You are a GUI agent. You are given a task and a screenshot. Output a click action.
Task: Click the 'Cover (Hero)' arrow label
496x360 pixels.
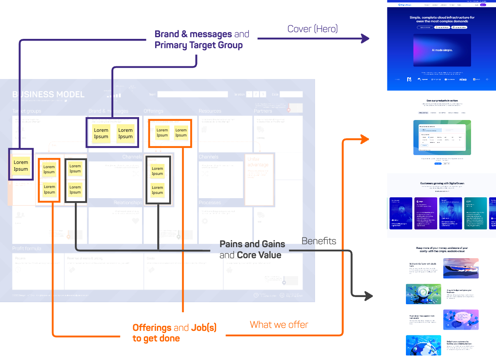tap(312, 29)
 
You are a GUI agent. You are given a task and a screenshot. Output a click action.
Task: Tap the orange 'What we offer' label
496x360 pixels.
tap(279, 325)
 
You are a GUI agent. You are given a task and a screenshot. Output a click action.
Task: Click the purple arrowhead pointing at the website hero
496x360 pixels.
tap(365, 39)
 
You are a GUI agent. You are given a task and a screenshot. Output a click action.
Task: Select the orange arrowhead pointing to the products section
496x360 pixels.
tap(365, 139)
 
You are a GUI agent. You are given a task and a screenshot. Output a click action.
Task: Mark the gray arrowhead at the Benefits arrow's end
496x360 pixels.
tap(368, 297)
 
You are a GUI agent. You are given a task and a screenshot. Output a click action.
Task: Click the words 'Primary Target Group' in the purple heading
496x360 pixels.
tap(198, 45)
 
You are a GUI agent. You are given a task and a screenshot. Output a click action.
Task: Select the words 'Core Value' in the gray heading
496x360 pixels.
tap(259, 255)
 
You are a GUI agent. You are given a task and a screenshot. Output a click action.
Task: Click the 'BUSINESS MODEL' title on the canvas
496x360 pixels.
tap(48, 95)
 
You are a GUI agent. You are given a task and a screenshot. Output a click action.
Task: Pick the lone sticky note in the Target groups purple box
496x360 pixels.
tap(21, 165)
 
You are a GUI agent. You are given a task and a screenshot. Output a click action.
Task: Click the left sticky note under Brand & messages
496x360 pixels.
tap(101, 133)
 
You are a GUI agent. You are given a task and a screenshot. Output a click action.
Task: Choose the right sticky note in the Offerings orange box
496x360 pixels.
tap(181, 133)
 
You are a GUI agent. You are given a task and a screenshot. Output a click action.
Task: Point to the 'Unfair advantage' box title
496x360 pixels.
tap(258, 162)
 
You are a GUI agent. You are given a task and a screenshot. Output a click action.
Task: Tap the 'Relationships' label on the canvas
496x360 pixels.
tap(127, 202)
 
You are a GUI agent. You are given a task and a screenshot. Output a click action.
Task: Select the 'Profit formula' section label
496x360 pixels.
tap(27, 248)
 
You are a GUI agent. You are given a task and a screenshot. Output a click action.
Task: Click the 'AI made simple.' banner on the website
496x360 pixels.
tap(442, 50)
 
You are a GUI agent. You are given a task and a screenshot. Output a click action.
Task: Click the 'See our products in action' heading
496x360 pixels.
tap(442, 101)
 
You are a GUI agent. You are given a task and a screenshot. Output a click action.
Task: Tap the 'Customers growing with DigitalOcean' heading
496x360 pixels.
tap(442, 183)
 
